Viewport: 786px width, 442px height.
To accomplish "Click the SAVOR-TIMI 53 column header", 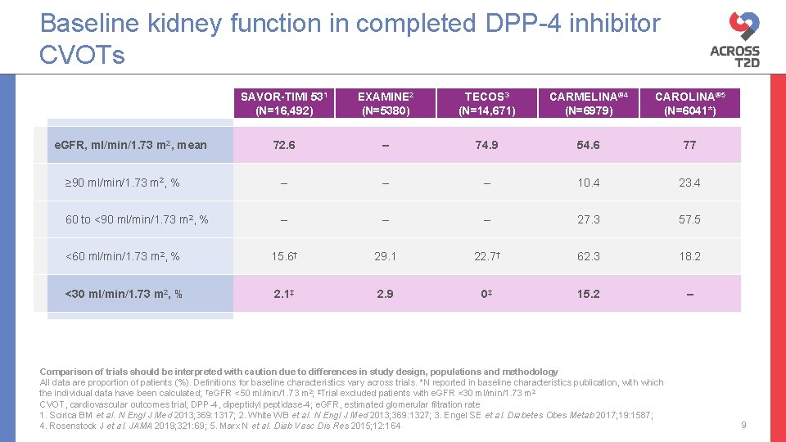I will [x=284, y=103].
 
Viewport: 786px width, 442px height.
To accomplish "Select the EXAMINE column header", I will [x=385, y=103].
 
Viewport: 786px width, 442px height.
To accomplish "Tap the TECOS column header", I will [x=486, y=103].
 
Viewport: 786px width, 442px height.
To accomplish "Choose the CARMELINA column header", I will [x=588, y=103].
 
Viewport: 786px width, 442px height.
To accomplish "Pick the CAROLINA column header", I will [x=689, y=103].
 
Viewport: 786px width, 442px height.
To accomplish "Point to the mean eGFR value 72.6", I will [x=284, y=146].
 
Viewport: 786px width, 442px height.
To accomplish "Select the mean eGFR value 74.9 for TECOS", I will [x=486, y=146].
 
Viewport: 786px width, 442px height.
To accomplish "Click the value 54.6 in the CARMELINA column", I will [x=588, y=146].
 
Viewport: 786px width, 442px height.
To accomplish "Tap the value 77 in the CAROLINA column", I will [x=689, y=146].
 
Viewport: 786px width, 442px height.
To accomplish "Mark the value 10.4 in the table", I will [x=588, y=183].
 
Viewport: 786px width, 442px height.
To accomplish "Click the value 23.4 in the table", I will [x=689, y=183].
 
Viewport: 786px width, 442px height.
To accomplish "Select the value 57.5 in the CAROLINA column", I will [x=689, y=219].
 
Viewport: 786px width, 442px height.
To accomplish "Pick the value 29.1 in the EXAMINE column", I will [x=385, y=256].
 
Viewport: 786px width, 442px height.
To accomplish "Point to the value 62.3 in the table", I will [x=588, y=256].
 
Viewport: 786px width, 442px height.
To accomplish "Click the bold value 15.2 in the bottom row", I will [x=588, y=294].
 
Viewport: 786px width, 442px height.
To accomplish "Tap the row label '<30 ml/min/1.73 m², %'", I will [x=124, y=294].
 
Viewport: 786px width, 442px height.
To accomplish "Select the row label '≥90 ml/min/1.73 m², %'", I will [x=123, y=183].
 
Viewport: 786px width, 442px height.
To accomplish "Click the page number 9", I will [x=743, y=425].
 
